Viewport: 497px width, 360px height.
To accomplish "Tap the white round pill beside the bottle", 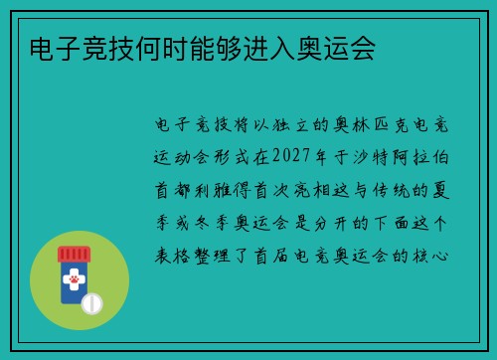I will [x=90, y=301].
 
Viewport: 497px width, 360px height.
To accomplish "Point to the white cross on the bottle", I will [x=73, y=269].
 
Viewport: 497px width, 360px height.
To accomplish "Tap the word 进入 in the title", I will [x=285, y=48].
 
